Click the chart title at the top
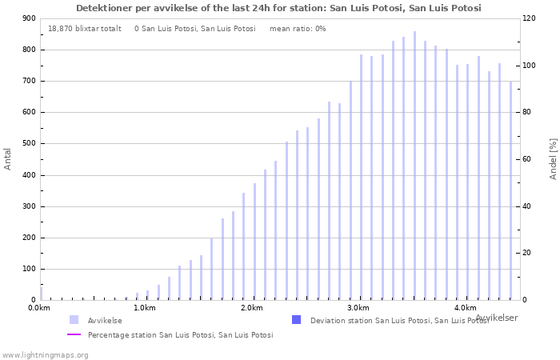(x=278, y=8)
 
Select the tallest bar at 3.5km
(x=414, y=166)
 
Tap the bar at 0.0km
(x=41, y=294)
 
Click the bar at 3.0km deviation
(x=361, y=177)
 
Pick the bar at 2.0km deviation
(x=254, y=242)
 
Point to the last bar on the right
(x=510, y=190)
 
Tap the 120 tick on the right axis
(x=529, y=18)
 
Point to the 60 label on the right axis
(x=526, y=159)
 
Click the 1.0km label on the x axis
(x=145, y=308)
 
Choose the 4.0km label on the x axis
(x=466, y=308)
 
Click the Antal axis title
(x=7, y=159)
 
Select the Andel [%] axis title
(x=553, y=159)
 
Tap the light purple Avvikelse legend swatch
(x=74, y=320)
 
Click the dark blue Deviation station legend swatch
(x=297, y=320)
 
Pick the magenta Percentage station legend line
(x=74, y=334)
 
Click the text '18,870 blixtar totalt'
(x=85, y=29)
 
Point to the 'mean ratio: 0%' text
(x=298, y=29)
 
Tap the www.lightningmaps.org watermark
(x=44, y=355)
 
